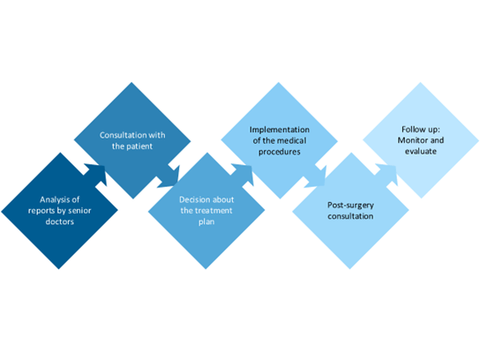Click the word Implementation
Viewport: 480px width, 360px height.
[276, 129]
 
